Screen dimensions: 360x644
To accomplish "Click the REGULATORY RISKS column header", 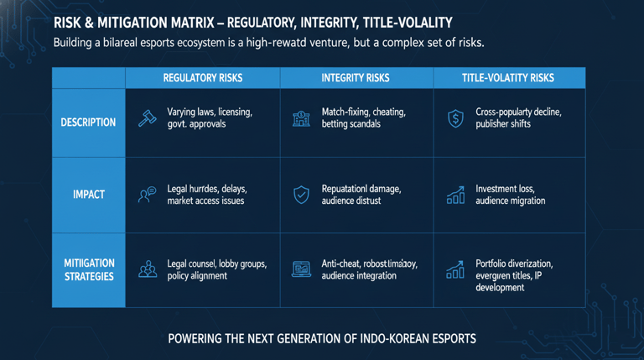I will (x=202, y=78).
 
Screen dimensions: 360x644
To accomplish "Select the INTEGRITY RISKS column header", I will (x=356, y=78).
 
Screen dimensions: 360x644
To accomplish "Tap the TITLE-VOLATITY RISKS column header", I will (x=508, y=78).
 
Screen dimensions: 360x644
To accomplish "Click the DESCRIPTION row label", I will (x=88, y=123).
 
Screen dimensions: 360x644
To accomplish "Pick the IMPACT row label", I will (x=88, y=195).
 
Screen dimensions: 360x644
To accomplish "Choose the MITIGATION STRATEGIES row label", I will (x=89, y=269).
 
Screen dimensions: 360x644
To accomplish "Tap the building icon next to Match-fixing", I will (x=301, y=118).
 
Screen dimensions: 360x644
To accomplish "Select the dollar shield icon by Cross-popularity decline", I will (x=455, y=118).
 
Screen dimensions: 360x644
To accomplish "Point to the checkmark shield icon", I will (x=301, y=196).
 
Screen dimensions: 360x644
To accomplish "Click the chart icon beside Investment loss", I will (x=455, y=196).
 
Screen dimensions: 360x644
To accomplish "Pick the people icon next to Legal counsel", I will (x=148, y=269).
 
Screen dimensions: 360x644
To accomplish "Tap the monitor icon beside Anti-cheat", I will (x=301, y=269).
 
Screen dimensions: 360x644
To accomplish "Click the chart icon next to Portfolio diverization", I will (x=455, y=269).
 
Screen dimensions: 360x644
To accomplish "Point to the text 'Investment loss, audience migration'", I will (x=510, y=195).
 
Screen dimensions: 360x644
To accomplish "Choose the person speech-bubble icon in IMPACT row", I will (x=148, y=196).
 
